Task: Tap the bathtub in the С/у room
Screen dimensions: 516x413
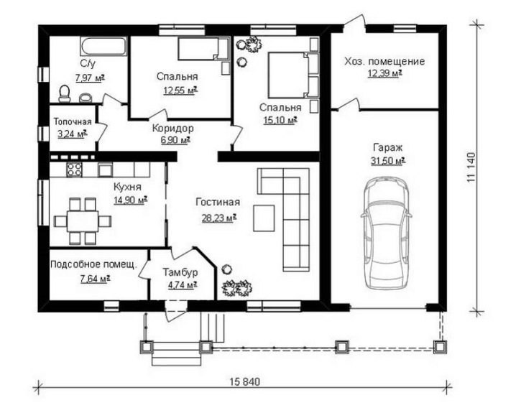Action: coord(103,47)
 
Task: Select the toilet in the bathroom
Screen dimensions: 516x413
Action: coord(64,93)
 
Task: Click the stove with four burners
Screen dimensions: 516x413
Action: coord(74,170)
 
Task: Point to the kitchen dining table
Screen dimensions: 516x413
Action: coord(82,221)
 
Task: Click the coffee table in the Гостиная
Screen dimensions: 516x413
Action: coord(264,218)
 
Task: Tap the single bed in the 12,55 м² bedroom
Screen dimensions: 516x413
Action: coord(203,50)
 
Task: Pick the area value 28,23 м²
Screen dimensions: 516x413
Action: coord(219,218)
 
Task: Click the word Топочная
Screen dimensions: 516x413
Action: coord(73,122)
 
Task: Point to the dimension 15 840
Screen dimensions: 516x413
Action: coord(244,382)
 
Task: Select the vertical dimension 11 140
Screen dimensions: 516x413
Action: coord(471,167)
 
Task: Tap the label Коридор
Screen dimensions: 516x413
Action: coord(172,129)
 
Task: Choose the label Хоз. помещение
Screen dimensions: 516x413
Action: coord(384,62)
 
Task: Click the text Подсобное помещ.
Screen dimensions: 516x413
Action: coord(93,264)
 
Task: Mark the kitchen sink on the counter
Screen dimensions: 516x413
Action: coord(106,170)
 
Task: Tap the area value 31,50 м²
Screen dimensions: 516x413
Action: coord(387,161)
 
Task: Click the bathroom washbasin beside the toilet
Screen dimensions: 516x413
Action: coord(86,98)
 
